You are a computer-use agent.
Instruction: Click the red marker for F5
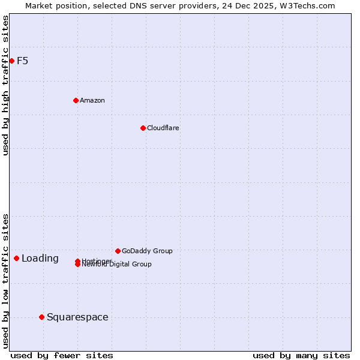pyautogui.click(x=11, y=61)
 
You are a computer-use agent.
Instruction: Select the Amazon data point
pyautogui.click(x=76, y=100)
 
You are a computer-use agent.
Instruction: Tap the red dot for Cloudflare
pyautogui.click(x=143, y=128)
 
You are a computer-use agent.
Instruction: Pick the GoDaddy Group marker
pyautogui.click(x=118, y=251)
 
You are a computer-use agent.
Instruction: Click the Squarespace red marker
pyautogui.click(x=41, y=317)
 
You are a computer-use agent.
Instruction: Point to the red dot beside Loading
pyautogui.click(x=16, y=258)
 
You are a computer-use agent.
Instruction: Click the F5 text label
pyautogui.click(x=23, y=61)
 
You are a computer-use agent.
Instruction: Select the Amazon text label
pyautogui.click(x=92, y=100)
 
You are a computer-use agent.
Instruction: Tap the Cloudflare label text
pyautogui.click(x=163, y=128)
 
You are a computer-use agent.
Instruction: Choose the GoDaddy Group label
pyautogui.click(x=147, y=251)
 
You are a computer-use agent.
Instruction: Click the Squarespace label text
pyautogui.click(x=77, y=317)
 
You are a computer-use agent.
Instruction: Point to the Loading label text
pyautogui.click(x=40, y=259)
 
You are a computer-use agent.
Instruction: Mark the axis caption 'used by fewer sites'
pyautogui.click(x=62, y=355)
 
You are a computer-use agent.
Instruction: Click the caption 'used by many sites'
pyautogui.click(x=301, y=355)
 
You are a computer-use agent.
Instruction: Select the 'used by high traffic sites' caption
pyautogui.click(x=5, y=85)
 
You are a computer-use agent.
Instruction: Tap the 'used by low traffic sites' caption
pyautogui.click(x=5, y=280)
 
